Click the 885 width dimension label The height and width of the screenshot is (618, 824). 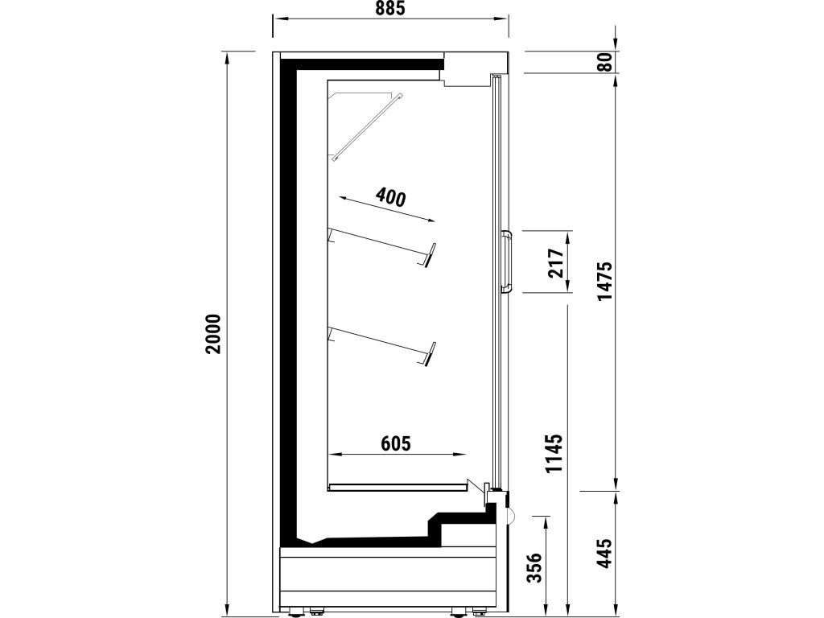[390, 8]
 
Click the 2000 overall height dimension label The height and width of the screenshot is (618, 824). [213, 334]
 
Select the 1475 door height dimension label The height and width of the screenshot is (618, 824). [605, 281]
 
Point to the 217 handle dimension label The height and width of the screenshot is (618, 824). [555, 263]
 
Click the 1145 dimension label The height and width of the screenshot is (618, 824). [554, 454]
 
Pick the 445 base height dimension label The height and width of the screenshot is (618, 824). [605, 552]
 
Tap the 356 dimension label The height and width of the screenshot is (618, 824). [534, 567]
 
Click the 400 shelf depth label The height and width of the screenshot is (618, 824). [391, 197]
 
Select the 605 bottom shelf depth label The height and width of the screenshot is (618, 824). [395, 443]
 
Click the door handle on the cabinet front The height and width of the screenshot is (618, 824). [507, 262]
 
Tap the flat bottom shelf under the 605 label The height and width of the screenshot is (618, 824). [398, 487]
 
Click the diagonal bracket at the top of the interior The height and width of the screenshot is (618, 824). [367, 126]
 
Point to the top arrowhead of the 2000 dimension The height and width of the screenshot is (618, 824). [228, 57]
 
